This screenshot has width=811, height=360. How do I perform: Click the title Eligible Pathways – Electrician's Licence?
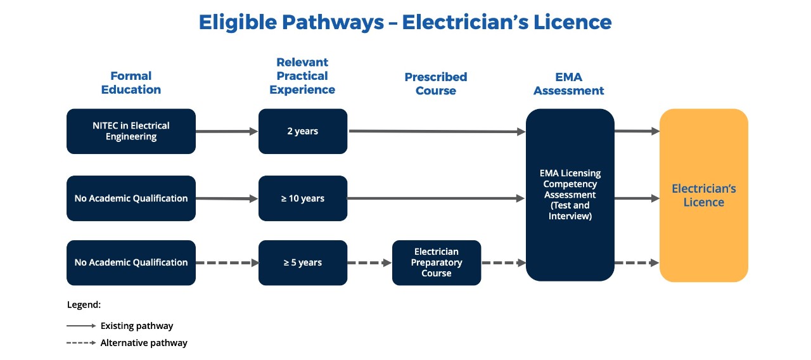tap(405, 22)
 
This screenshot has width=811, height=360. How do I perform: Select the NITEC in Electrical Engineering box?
tap(131, 131)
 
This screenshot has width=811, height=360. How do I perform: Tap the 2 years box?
tap(302, 131)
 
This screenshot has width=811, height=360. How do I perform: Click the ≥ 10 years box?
tap(302, 198)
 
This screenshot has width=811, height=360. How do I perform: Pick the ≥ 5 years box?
tap(302, 262)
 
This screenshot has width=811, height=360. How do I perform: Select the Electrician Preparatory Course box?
tap(437, 262)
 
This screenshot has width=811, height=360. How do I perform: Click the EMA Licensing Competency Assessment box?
tap(570, 195)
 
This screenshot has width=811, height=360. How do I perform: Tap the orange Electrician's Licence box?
tap(703, 195)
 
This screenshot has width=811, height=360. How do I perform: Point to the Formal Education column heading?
tap(131, 83)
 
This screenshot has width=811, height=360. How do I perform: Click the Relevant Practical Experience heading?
tap(302, 76)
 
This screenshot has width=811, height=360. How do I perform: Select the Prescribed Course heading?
tap(436, 84)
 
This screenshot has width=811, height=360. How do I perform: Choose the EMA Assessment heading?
tap(569, 84)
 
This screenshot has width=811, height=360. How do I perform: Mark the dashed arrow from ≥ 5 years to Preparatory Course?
tap(369, 262)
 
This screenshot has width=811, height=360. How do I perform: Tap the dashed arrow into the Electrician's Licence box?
tap(637, 262)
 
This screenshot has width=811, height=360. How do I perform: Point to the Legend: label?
tap(84, 305)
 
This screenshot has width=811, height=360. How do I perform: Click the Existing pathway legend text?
tap(137, 326)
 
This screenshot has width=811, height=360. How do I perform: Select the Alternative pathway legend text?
tap(144, 343)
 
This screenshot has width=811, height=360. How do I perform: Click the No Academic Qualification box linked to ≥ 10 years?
tap(131, 198)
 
